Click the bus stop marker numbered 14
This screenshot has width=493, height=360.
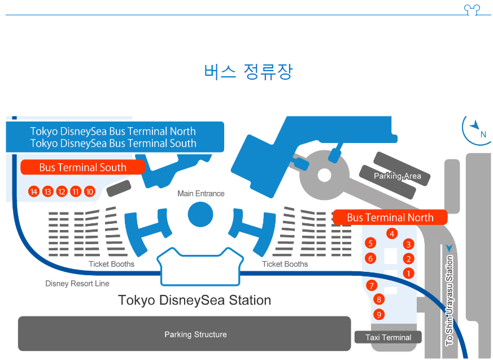click(34, 192)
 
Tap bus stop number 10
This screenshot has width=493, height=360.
click(90, 192)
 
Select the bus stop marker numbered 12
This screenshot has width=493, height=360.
click(62, 192)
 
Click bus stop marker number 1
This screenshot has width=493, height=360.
click(408, 274)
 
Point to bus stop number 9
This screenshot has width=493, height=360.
click(379, 315)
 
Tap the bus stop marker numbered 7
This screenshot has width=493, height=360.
click(371, 285)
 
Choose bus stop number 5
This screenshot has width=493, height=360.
click(370, 244)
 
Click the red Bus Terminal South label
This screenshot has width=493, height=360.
click(82, 168)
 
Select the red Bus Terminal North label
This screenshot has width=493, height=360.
click(390, 218)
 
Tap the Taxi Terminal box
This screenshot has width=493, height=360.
click(388, 337)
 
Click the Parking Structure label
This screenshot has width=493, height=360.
click(195, 335)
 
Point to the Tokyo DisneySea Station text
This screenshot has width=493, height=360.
click(194, 300)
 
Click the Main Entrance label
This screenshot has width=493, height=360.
click(200, 194)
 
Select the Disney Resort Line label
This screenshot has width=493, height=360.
click(77, 284)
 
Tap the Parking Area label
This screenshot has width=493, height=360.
click(397, 176)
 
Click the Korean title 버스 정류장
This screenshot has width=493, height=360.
click(248, 72)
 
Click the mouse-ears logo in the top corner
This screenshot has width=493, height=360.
click(471, 10)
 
